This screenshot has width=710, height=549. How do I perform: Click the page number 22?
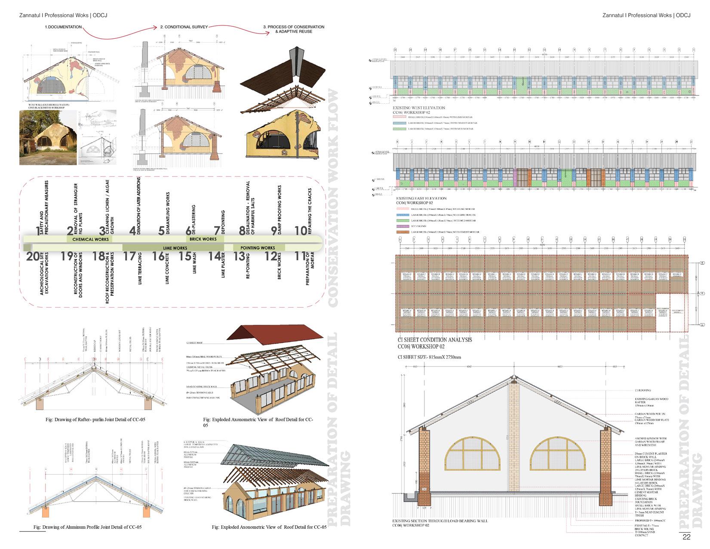coord(686,537)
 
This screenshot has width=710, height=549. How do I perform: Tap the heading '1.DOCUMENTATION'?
coord(63,27)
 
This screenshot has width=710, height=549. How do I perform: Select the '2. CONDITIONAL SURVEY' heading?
coord(184,27)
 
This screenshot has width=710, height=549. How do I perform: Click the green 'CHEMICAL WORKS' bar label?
coord(90,239)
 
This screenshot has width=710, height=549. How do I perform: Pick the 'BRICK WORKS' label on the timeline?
coord(203,239)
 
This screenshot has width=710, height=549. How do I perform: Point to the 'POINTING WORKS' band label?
coord(258,248)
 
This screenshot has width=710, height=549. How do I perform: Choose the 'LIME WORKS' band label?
coord(175,248)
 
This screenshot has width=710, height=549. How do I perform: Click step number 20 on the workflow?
coord(32,257)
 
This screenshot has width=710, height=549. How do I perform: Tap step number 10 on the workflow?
coord(301,231)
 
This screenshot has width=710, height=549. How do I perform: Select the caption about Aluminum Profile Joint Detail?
coord(87,527)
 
